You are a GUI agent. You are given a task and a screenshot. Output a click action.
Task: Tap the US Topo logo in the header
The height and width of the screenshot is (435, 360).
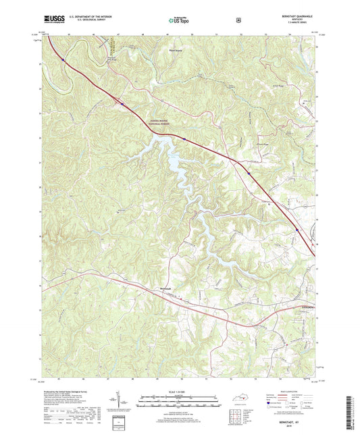point(179,21)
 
